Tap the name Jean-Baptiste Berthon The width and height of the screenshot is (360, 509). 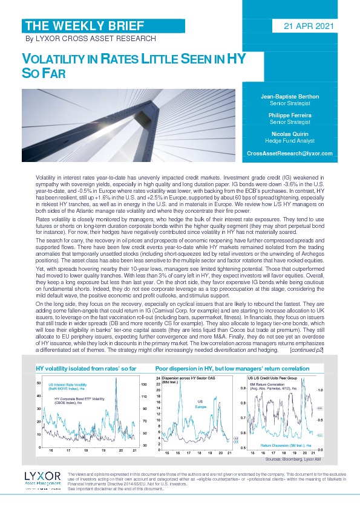[x=290, y=97]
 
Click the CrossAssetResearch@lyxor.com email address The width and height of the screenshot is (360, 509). [x=290, y=154]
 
